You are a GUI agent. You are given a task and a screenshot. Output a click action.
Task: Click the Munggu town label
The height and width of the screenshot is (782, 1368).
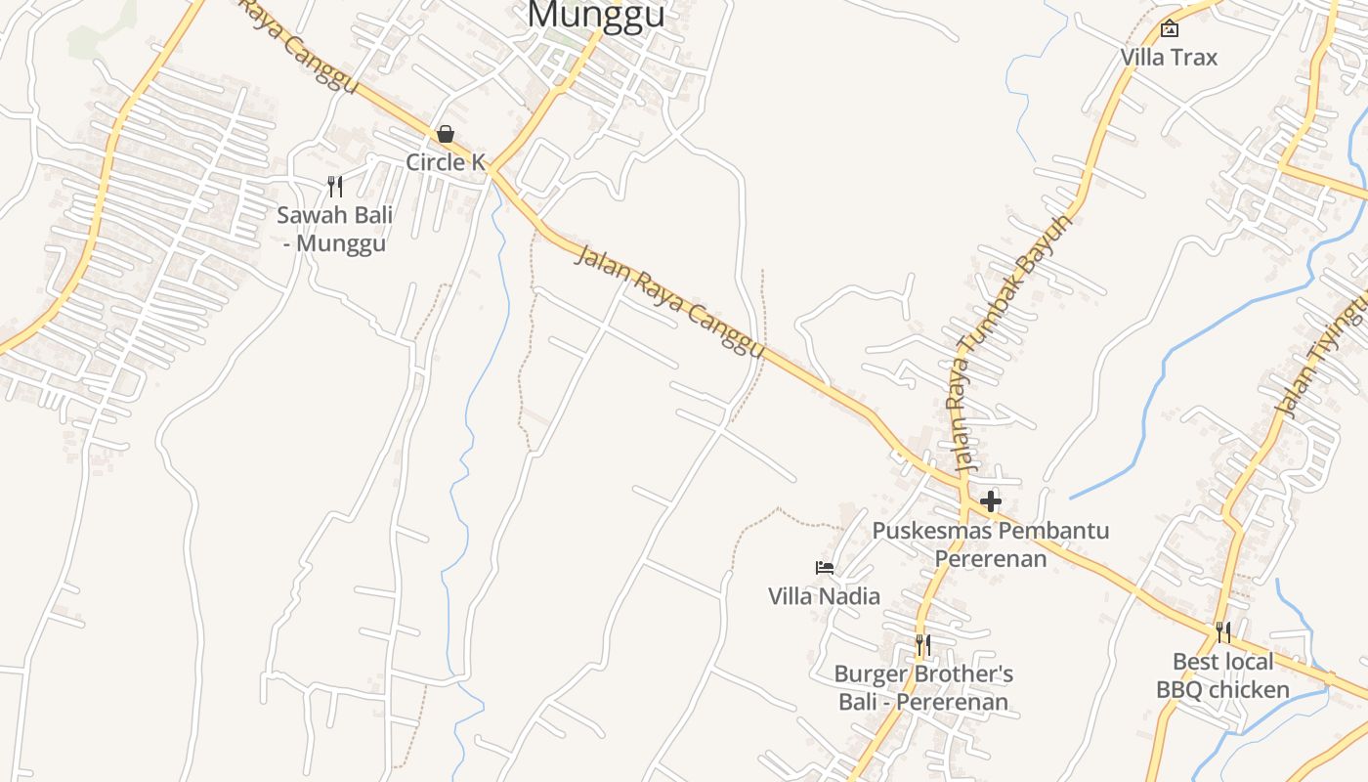click(x=596, y=15)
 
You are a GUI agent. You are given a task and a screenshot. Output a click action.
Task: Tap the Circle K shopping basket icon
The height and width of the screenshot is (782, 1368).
click(x=446, y=134)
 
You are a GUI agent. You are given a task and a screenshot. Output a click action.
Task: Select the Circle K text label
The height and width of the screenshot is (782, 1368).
click(x=446, y=162)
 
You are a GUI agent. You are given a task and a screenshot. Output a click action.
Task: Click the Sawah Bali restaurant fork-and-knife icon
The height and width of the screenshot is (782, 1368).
click(x=335, y=186)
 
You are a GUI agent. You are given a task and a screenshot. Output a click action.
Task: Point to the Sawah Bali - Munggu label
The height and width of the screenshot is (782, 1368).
click(x=335, y=229)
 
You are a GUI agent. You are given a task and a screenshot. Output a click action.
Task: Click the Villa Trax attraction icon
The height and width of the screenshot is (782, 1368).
click(x=1169, y=28)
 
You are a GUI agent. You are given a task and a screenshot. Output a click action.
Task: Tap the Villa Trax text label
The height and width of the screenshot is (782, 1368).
click(x=1169, y=58)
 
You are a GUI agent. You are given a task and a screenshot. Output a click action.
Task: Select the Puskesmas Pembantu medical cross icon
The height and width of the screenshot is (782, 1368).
click(x=991, y=501)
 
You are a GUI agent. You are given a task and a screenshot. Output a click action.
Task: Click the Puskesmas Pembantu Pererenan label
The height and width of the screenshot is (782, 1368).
click(x=991, y=544)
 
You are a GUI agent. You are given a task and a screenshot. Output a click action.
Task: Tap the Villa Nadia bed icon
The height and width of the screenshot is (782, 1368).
click(x=825, y=567)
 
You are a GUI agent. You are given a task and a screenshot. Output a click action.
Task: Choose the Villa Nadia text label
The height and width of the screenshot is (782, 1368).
click(x=824, y=596)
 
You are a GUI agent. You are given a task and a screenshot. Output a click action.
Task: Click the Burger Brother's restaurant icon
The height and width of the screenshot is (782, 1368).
click(x=923, y=645)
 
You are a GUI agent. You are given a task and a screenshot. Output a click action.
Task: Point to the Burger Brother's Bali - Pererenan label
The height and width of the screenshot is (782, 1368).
click(x=923, y=688)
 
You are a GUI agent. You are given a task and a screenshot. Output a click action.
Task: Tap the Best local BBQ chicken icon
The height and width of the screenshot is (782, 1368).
click(x=1223, y=632)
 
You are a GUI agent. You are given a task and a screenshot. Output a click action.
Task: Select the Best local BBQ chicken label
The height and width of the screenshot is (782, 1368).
click(x=1223, y=675)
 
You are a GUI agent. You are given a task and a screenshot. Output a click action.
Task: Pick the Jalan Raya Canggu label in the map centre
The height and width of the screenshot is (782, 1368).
click(x=669, y=300)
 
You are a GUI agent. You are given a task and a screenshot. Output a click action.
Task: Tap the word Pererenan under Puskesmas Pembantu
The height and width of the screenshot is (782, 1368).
click(x=991, y=559)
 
